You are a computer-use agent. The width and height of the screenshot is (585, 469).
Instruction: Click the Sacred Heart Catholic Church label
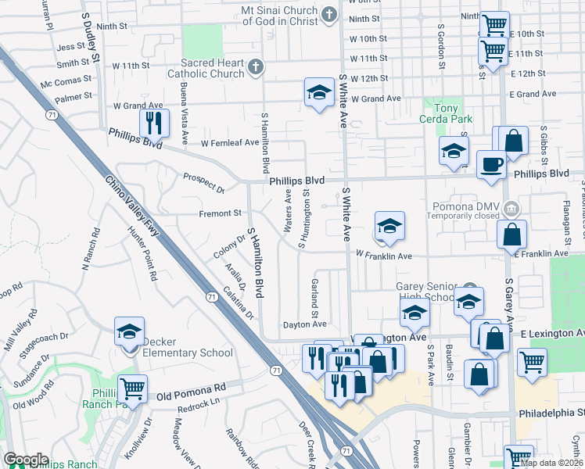[x=212, y=68]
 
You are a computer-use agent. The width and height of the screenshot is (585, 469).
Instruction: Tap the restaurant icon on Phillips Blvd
[x=153, y=123]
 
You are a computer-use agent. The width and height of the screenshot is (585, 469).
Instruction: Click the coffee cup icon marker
[x=491, y=164]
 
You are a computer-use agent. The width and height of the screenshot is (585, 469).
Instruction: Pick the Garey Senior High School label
[x=425, y=291]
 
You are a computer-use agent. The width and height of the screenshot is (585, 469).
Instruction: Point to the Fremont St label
[x=219, y=213]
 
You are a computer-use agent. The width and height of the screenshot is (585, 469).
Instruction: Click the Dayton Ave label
[x=304, y=324]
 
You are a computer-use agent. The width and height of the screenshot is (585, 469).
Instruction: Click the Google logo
[x=25, y=460]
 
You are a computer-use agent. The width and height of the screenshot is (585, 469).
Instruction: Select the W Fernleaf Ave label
[x=229, y=143]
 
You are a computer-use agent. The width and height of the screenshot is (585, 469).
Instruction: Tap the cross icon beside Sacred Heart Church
[x=255, y=68]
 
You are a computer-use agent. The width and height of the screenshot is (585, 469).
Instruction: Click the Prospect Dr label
[x=203, y=182]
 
